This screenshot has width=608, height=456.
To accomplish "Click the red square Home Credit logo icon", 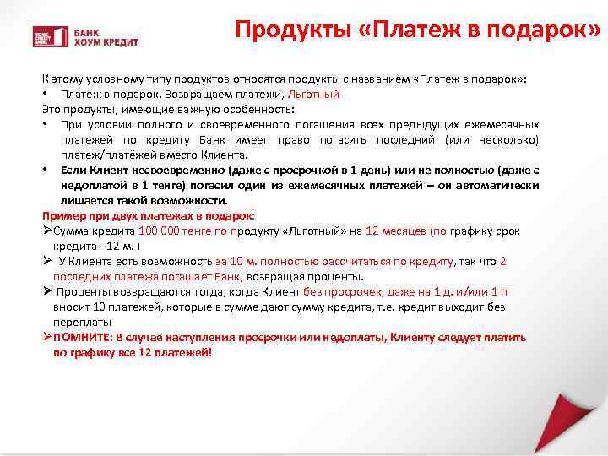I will [42, 36].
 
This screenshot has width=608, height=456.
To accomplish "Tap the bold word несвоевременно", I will [166, 171].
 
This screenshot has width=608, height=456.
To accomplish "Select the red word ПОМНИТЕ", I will [82, 338].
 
